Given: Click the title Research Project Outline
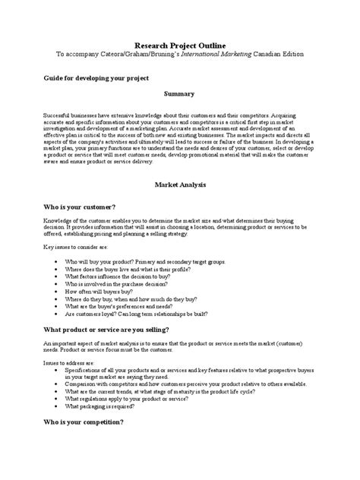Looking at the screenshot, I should (x=180, y=45).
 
